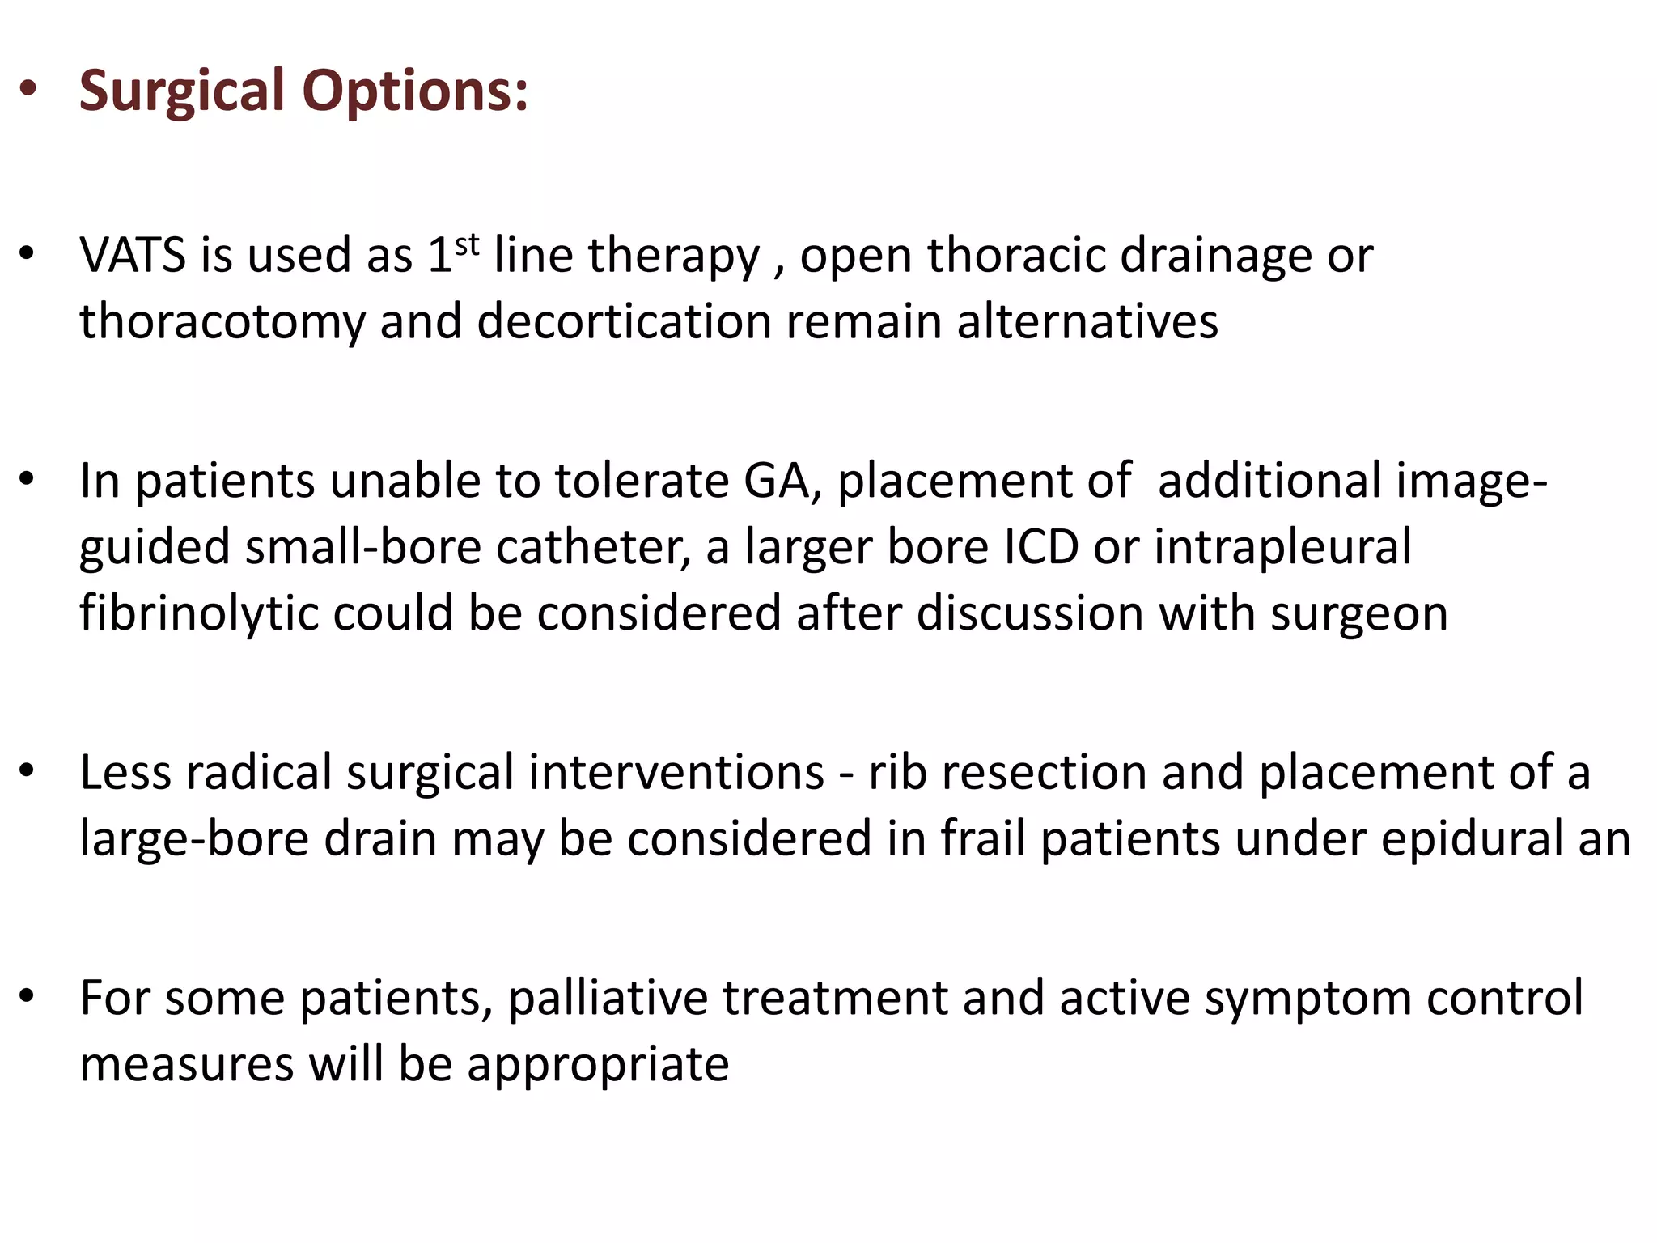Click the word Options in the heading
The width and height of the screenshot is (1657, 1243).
click(415, 91)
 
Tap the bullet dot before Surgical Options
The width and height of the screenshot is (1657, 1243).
click(28, 90)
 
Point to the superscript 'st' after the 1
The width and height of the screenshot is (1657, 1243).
click(467, 244)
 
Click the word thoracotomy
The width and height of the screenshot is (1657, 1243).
click(222, 322)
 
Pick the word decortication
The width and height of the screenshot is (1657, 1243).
click(624, 321)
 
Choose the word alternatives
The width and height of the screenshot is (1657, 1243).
click(1087, 321)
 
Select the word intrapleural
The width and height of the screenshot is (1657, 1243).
click(1282, 547)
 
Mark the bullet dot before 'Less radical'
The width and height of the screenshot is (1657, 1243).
click(28, 771)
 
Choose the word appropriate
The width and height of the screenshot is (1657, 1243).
click(598, 1065)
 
